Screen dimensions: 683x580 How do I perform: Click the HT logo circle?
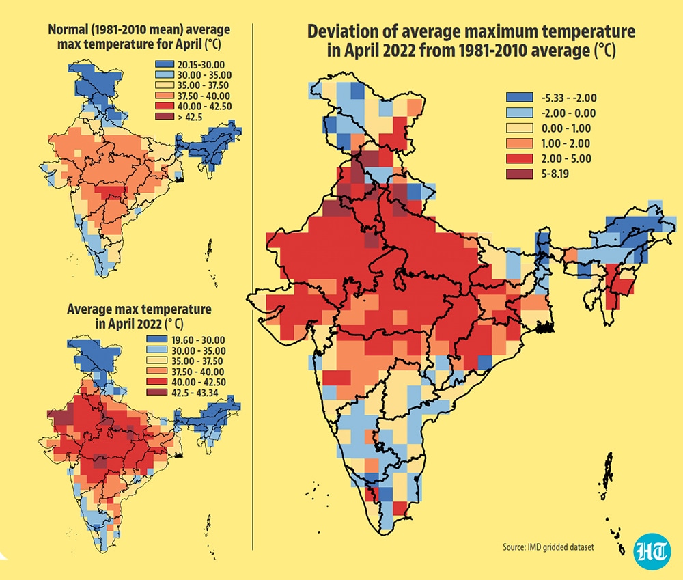click(x=652, y=551)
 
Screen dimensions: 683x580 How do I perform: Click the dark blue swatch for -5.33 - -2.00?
click(x=519, y=98)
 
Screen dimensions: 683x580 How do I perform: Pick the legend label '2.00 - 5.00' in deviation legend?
click(x=566, y=158)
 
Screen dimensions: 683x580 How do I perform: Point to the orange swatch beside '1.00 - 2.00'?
click(x=519, y=143)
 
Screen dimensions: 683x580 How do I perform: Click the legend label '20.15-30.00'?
click(x=201, y=65)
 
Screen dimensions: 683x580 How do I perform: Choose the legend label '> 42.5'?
click(x=190, y=117)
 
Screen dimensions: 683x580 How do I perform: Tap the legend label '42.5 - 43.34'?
click(x=195, y=393)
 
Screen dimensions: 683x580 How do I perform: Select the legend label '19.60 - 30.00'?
click(x=198, y=340)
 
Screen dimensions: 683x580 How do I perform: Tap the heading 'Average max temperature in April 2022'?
click(x=139, y=316)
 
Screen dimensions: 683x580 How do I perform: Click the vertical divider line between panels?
click(x=253, y=287)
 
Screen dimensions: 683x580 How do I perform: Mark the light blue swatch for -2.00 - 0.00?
click(x=519, y=113)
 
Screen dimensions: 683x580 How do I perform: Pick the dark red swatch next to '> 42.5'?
click(x=162, y=117)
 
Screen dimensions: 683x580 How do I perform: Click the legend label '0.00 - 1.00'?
click(x=566, y=128)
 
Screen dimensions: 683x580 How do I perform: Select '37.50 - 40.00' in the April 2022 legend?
click(x=198, y=372)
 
